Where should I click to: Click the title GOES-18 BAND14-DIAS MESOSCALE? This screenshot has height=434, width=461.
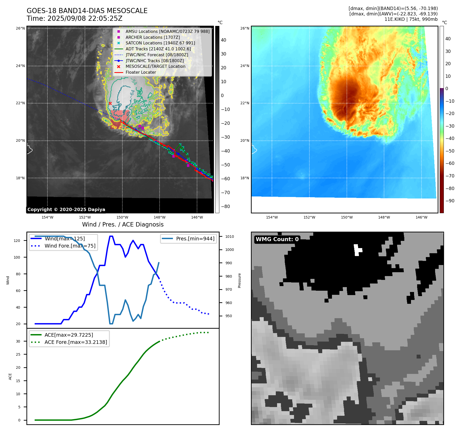click(x=87, y=11)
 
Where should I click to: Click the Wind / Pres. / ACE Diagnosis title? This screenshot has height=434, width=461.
click(x=123, y=224)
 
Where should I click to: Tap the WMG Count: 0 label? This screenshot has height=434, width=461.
click(x=277, y=239)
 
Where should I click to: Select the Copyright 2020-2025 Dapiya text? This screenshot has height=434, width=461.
click(x=66, y=210)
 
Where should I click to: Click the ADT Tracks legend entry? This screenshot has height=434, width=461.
click(x=158, y=49)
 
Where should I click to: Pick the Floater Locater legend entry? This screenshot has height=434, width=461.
click(x=141, y=72)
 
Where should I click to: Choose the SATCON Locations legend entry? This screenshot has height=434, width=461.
click(x=160, y=43)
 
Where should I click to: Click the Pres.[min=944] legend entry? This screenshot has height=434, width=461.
click(x=195, y=239)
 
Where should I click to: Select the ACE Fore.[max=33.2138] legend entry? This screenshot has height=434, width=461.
click(x=76, y=342)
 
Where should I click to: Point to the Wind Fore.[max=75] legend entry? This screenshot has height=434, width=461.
click(x=70, y=246)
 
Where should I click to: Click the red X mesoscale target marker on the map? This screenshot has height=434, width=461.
click(x=110, y=103)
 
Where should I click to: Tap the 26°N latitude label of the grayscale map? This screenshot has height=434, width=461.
click(x=20, y=28)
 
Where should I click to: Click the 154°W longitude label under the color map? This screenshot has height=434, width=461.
click(x=272, y=217)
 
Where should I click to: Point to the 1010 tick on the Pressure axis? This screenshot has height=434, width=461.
click(x=230, y=237)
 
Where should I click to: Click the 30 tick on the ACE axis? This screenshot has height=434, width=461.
click(x=18, y=341)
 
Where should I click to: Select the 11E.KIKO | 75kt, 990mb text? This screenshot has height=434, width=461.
click(x=411, y=19)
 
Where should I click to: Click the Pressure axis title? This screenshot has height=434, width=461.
click(x=239, y=280)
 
